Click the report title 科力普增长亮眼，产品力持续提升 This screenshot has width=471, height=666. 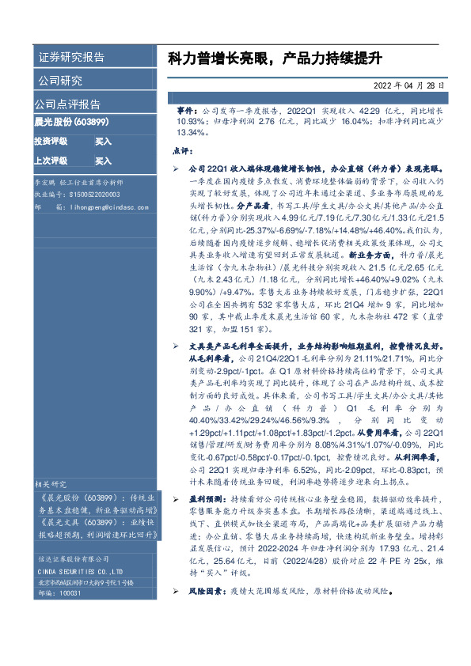[275, 59]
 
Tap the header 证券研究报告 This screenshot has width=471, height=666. [71, 58]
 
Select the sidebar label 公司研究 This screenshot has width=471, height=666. [60, 81]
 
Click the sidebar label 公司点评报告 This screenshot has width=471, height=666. [66, 104]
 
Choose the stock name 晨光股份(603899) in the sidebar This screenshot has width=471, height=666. [71, 123]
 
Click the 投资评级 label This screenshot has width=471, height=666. [51, 141]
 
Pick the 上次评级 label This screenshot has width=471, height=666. [51, 161]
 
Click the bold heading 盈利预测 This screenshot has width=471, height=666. [205, 499]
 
